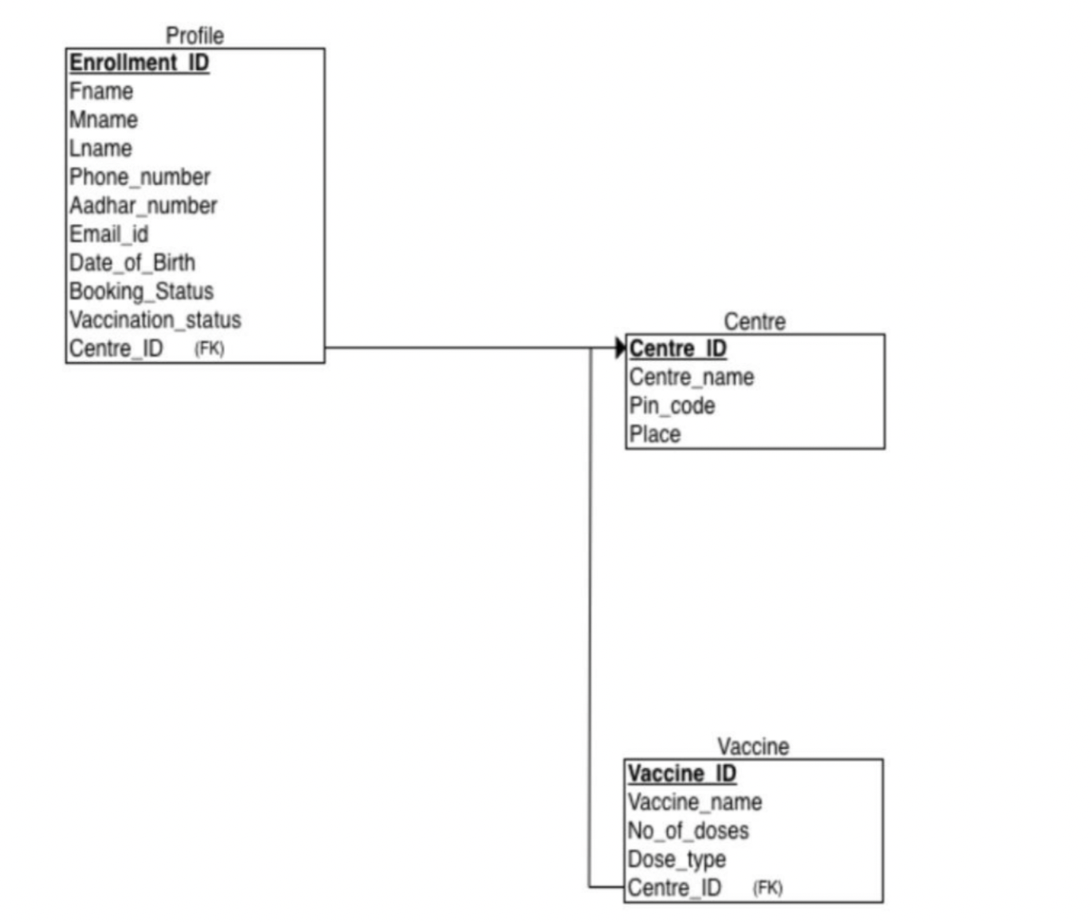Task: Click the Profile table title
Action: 194,35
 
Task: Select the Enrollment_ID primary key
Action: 139,62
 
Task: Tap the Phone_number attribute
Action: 139,177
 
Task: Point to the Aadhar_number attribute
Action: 143,206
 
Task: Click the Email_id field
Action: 108,234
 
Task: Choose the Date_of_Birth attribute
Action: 131,263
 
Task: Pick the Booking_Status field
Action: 141,292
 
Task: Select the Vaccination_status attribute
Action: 155,320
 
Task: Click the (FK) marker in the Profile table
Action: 210,349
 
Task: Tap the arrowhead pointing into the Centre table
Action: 621,347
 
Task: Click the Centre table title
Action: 754,321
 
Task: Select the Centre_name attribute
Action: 691,377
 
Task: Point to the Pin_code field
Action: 672,406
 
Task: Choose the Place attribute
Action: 654,434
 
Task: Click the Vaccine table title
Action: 752,747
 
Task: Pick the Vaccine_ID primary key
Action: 681,774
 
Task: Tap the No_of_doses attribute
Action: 688,831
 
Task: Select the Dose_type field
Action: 676,860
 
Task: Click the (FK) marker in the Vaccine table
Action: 767,888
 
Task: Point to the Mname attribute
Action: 104,120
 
